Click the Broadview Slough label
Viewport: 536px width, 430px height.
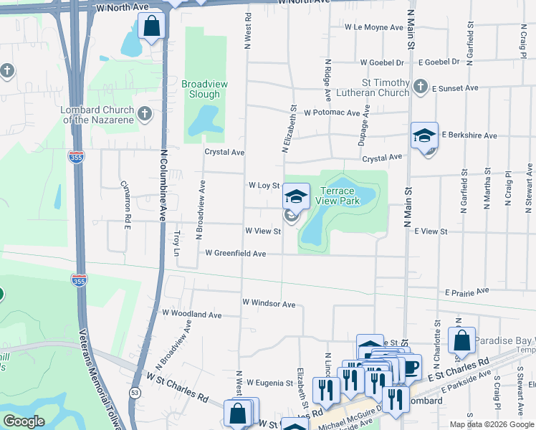click(204, 89)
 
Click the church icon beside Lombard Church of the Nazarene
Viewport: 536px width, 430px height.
click(145, 113)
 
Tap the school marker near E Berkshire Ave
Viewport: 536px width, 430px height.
click(425, 136)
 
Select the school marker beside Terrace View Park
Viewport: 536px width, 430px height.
click(296, 196)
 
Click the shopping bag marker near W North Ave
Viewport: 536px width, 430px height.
click(152, 28)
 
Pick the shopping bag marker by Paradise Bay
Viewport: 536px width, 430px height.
click(462, 340)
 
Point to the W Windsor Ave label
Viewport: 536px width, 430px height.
click(269, 305)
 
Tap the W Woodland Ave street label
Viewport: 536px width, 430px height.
click(192, 314)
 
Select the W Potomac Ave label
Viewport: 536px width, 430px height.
click(331, 113)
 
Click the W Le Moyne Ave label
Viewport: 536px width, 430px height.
click(373, 27)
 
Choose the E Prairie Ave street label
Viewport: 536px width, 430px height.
click(466, 292)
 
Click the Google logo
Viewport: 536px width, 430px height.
click(24, 422)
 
